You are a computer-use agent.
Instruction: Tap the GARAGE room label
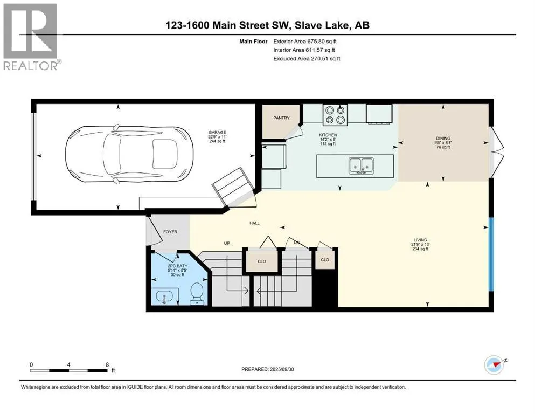(217, 133)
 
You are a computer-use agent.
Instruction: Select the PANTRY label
(281, 118)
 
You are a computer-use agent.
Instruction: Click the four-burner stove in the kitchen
(335, 115)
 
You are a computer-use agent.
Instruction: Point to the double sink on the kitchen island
(362, 166)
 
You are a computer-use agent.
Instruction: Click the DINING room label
(443, 138)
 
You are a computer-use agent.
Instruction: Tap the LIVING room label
(420, 240)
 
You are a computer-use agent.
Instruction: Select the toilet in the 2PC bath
(196, 294)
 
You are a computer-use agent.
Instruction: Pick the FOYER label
(170, 232)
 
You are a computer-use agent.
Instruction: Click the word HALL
(254, 223)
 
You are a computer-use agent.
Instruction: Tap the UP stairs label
(227, 243)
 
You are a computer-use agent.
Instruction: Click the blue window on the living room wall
(491, 254)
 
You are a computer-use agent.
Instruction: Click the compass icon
(495, 365)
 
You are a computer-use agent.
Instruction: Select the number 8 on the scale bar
(107, 364)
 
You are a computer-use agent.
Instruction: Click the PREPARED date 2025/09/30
(281, 369)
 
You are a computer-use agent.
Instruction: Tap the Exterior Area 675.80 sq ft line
(305, 42)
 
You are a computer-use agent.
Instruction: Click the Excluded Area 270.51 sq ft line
(307, 58)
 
